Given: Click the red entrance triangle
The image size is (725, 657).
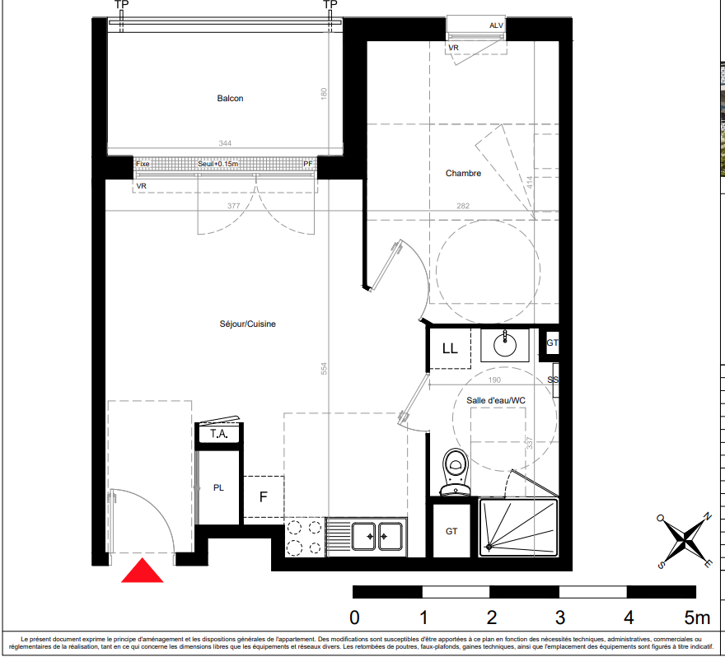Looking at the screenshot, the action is click(x=143, y=571).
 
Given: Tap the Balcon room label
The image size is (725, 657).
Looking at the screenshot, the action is click(x=230, y=99).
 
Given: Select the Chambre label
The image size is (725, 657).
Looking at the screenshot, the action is click(x=463, y=173).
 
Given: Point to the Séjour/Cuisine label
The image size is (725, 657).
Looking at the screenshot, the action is click(x=247, y=324).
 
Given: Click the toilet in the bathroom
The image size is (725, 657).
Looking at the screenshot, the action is click(x=456, y=472).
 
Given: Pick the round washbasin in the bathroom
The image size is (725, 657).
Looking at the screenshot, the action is click(x=505, y=345).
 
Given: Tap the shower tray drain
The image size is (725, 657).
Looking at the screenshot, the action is click(x=489, y=547).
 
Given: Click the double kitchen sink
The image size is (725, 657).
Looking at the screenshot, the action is click(x=377, y=537).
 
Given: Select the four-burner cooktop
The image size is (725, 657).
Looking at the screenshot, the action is click(x=304, y=537).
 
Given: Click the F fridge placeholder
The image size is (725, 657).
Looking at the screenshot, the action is click(x=263, y=496).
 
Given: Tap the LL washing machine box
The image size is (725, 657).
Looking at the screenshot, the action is click(x=450, y=348).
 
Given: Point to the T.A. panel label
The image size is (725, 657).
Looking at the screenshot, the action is click(x=218, y=434).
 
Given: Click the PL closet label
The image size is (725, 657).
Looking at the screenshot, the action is click(x=218, y=488).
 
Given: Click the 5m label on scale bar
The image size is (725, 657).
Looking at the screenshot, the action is click(x=697, y=617).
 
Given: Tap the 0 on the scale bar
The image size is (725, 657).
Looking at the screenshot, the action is click(x=354, y=617).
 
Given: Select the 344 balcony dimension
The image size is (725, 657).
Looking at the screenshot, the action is click(x=225, y=143).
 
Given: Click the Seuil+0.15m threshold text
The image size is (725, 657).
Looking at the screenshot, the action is click(x=217, y=164).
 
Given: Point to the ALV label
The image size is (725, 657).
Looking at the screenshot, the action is click(x=496, y=26).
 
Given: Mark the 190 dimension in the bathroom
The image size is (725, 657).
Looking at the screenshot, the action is click(x=494, y=380).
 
